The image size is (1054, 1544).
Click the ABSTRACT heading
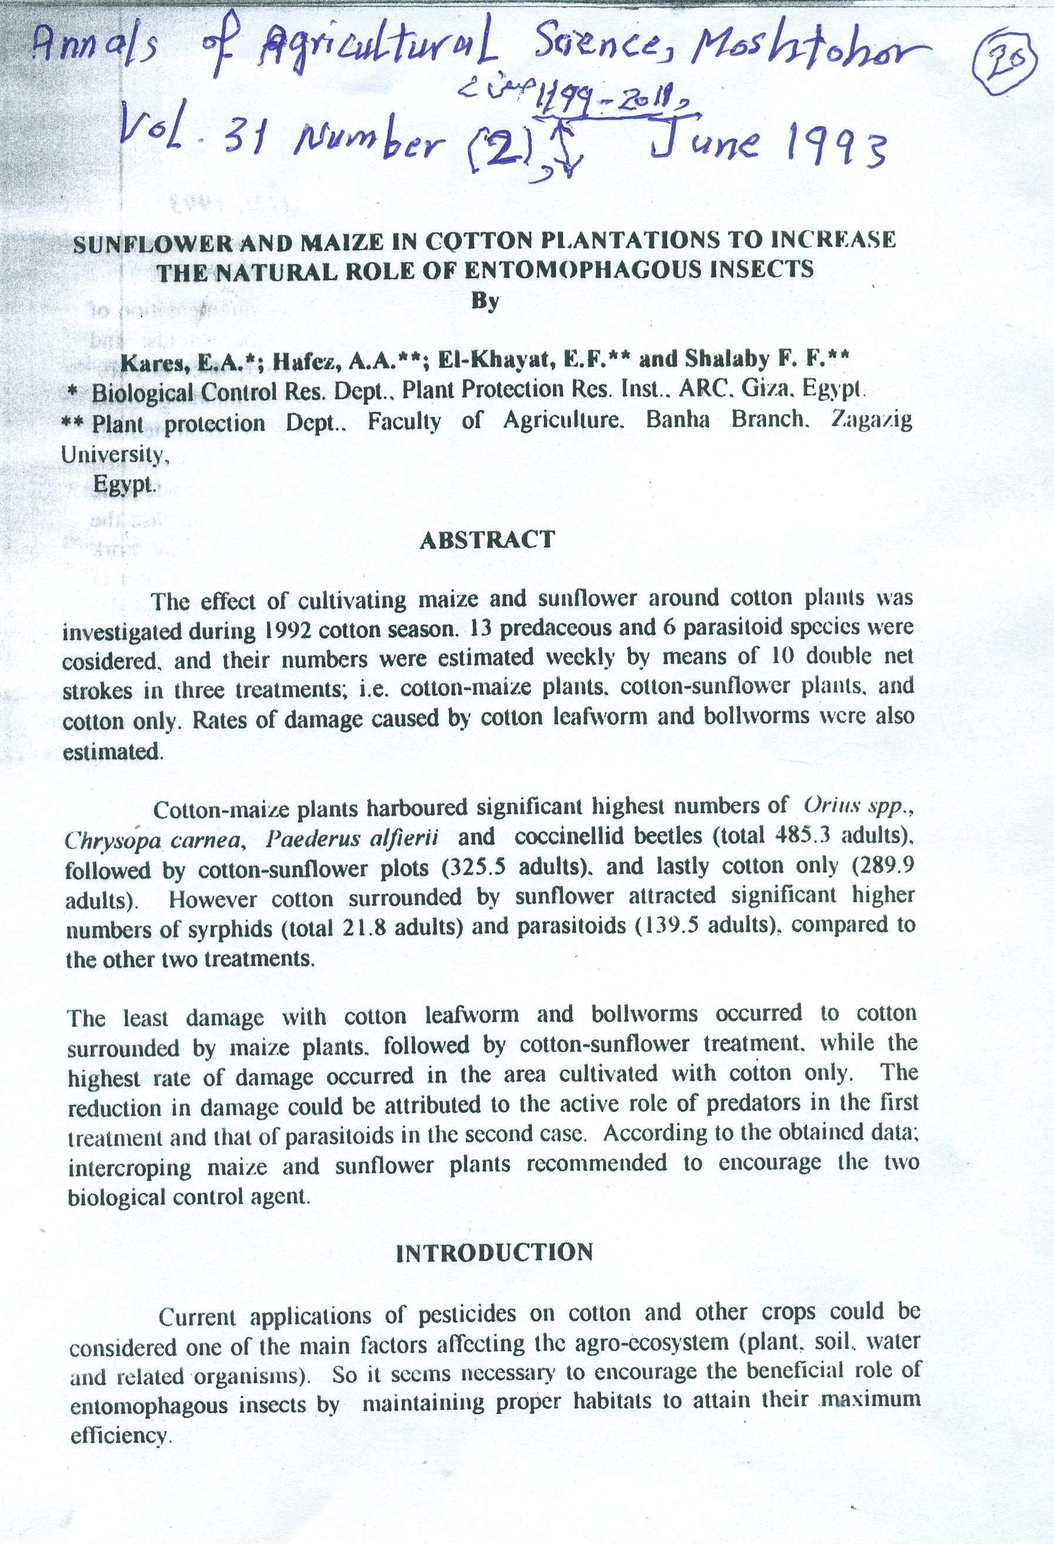click(487, 540)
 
